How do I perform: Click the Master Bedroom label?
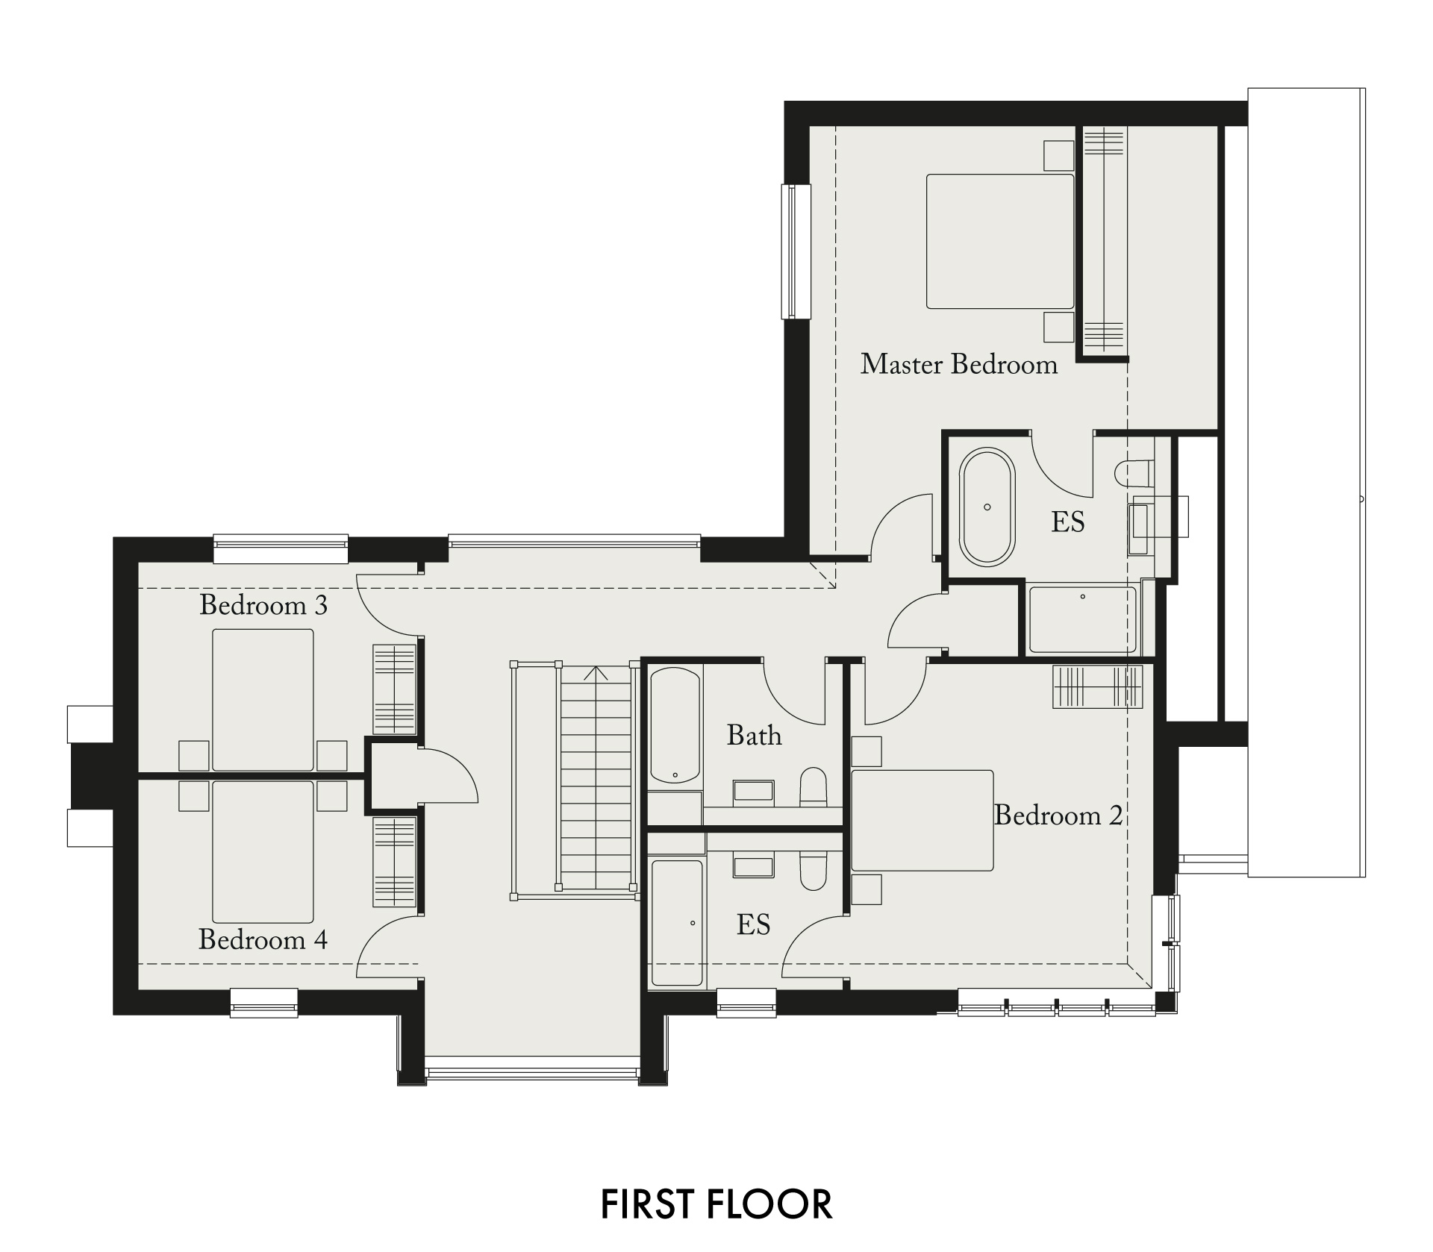click(x=959, y=364)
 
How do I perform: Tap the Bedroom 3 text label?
click(x=263, y=604)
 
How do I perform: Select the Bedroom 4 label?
click(x=263, y=939)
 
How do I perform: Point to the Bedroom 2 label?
click(x=1058, y=815)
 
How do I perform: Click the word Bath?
click(x=755, y=736)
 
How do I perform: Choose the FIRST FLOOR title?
click(x=716, y=1204)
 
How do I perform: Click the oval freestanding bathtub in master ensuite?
click(x=987, y=507)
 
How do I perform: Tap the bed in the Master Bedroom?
click(x=1000, y=241)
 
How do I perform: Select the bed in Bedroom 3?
click(x=263, y=700)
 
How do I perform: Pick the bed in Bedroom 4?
click(x=263, y=851)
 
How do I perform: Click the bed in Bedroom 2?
click(x=922, y=821)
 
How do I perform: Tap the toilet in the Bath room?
click(x=813, y=786)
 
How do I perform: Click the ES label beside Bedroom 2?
click(x=753, y=925)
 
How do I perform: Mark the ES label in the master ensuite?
click(x=1068, y=522)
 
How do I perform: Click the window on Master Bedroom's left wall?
click(x=796, y=251)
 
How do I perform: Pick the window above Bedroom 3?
click(x=281, y=548)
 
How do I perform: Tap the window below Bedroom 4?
click(x=264, y=1002)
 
